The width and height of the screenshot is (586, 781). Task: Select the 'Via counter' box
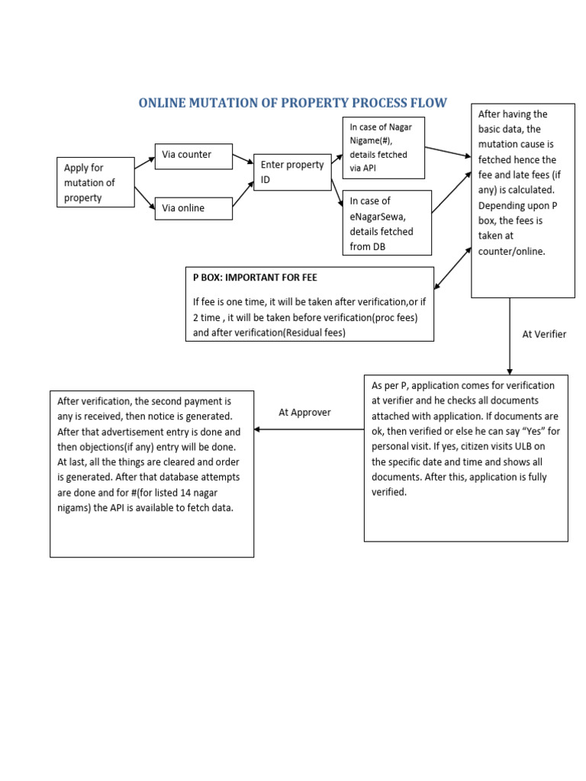193,155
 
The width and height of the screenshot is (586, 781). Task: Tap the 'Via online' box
193,208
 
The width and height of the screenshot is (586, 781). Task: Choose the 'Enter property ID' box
291,172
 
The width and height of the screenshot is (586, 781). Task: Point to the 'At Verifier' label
544,334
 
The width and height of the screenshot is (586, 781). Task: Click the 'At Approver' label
304,412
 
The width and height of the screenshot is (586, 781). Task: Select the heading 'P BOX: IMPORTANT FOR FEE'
255,278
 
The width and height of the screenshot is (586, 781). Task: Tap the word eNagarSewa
381,216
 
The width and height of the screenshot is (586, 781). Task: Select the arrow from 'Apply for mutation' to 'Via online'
144,198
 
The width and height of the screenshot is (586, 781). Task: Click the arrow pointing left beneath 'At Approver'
309,429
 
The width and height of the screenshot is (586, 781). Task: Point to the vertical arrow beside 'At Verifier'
510,336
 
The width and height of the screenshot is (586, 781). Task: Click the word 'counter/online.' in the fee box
512,251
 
